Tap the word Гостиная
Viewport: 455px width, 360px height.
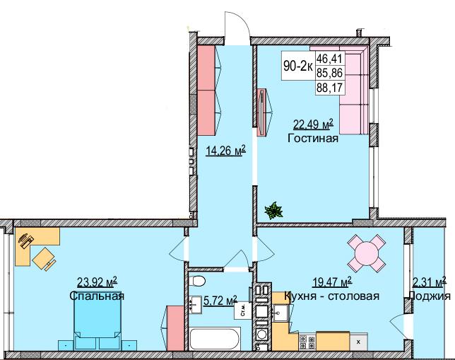[x=313, y=139]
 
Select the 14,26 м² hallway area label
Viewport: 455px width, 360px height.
[x=225, y=150]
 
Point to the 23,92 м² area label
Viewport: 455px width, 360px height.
[x=97, y=284]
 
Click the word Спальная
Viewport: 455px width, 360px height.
[x=97, y=296]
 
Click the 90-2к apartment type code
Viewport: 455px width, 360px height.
[x=297, y=66]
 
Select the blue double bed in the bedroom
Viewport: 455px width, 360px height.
[x=97, y=328]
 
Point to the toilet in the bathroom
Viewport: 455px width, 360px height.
[x=199, y=283]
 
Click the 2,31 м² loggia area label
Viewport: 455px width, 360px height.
[x=429, y=284]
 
